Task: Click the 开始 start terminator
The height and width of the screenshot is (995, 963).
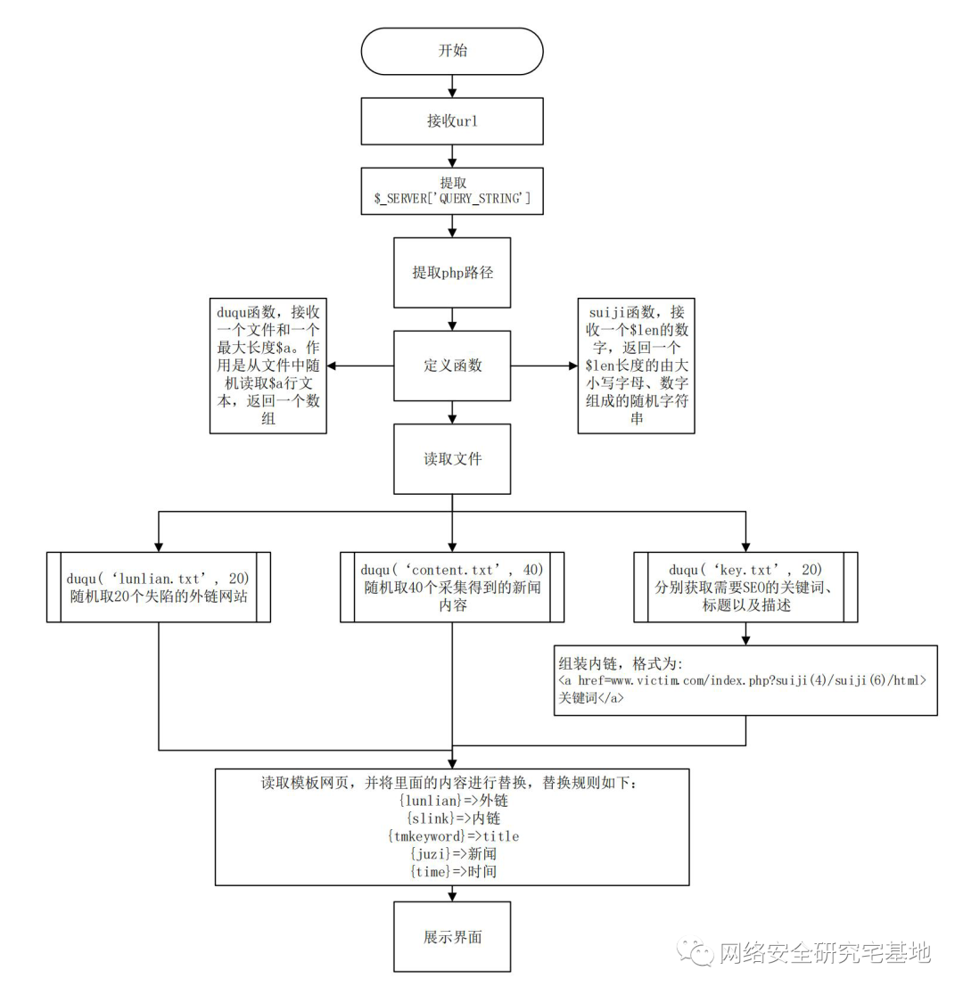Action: coord(452,51)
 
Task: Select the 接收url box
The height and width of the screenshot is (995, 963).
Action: coord(452,121)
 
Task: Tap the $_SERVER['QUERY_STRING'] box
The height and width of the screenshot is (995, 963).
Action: coord(452,192)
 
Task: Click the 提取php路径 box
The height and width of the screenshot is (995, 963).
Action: coord(452,272)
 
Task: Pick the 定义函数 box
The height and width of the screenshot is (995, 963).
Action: coord(452,366)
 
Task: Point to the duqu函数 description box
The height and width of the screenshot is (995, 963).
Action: coord(268,366)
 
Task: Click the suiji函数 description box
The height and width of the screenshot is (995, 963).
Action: coord(636,366)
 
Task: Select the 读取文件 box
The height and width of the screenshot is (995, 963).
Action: coord(452,459)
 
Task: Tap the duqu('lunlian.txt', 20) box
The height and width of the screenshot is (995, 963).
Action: coord(159,586)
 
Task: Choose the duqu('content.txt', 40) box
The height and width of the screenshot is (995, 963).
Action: coord(452,586)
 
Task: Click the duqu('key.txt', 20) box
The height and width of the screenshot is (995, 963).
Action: coord(745,586)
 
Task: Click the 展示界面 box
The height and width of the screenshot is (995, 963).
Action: coord(452,936)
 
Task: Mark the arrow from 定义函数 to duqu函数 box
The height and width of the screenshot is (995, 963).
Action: coord(361,366)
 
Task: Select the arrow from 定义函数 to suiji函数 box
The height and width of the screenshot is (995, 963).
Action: coord(544,366)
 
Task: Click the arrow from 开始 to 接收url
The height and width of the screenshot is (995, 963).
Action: coord(452,86)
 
